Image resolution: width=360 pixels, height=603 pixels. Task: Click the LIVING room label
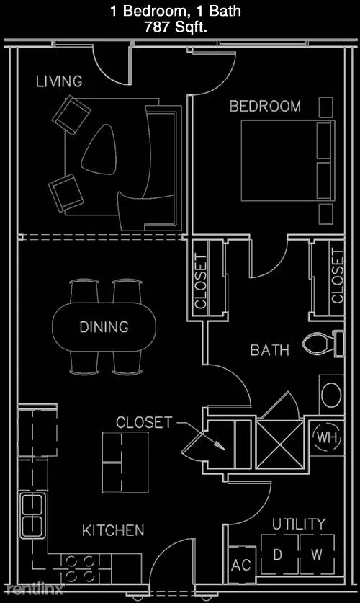coord(59,81)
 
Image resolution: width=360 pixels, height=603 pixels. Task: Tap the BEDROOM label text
coord(265,106)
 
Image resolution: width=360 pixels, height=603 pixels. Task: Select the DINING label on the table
coord(104,327)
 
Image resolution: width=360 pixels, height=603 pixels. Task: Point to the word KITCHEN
coord(113,530)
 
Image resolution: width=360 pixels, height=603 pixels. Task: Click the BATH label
coord(270,350)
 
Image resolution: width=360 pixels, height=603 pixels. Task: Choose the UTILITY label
coord(299,524)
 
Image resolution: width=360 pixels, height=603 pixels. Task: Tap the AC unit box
coord(242,565)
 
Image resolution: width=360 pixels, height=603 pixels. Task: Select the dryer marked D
coord(279,555)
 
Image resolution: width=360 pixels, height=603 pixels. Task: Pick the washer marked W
coord(317,555)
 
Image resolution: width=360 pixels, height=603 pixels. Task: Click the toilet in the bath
coord(323,343)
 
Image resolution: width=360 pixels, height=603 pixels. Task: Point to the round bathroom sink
coord(330,395)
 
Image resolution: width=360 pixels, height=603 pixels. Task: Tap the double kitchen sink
coord(32,515)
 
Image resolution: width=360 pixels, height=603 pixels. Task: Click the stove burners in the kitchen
coord(81,568)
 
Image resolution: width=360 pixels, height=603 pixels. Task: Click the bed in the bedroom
coord(288,161)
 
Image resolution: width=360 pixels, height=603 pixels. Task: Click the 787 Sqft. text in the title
coord(176,27)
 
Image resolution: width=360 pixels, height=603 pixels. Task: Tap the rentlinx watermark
coord(35,589)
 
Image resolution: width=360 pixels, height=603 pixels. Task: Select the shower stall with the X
coord(279,443)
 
